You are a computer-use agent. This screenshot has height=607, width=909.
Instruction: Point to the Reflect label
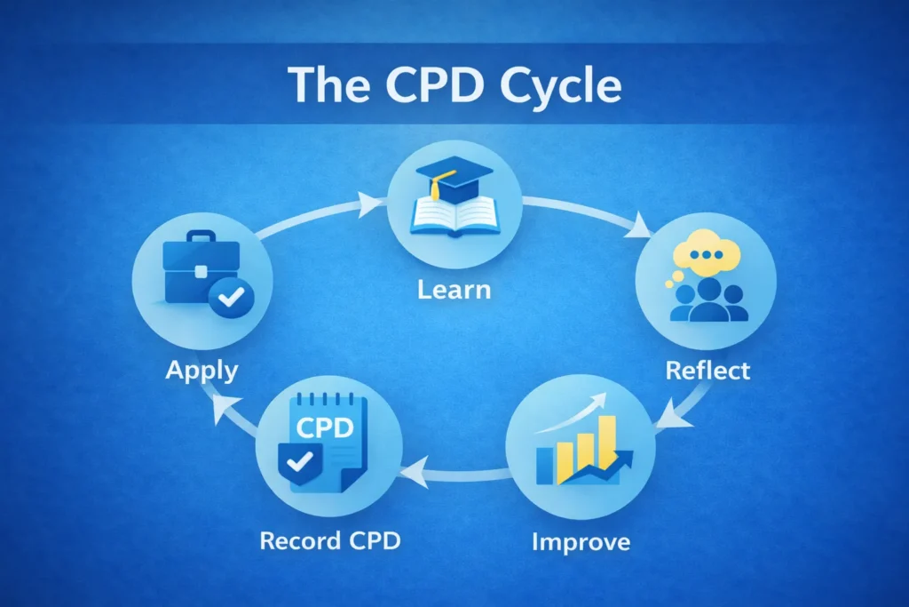[707, 369]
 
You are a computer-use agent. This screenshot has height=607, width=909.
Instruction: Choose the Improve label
[581, 540]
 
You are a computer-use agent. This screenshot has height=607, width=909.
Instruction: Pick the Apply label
[202, 369]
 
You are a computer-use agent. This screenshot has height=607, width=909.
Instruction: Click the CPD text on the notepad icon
[325, 428]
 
